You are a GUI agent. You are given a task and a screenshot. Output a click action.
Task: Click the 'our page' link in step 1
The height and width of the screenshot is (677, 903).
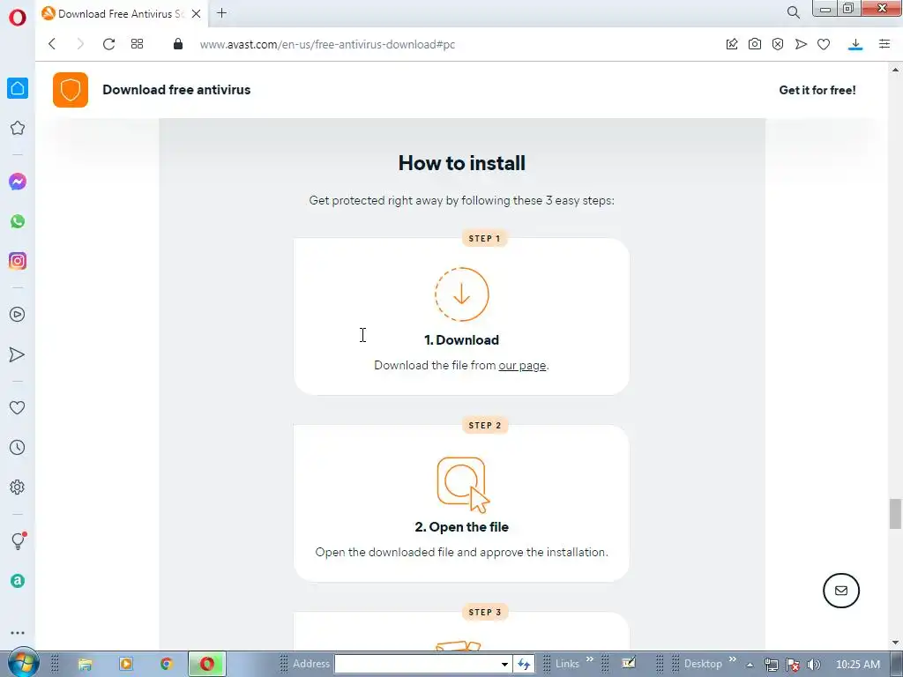click(x=522, y=366)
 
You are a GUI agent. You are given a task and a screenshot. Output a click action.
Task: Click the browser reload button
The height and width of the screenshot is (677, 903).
click(x=108, y=44)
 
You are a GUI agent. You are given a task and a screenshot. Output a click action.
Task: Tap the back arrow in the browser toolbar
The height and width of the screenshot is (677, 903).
click(x=52, y=44)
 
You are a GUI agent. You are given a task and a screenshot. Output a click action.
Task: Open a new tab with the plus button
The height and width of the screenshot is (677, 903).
click(x=221, y=13)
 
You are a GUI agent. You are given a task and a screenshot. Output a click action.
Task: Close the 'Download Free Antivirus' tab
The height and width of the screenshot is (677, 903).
click(x=197, y=14)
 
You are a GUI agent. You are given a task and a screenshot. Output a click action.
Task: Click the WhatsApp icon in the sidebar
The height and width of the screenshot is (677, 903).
click(x=18, y=221)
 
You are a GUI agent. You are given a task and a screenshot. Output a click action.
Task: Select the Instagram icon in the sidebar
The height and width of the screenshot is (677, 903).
click(x=18, y=261)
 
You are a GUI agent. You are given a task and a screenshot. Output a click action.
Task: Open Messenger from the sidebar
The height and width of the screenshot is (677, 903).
click(x=18, y=182)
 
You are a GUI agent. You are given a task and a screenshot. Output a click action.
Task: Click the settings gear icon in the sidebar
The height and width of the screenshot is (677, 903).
click(x=18, y=487)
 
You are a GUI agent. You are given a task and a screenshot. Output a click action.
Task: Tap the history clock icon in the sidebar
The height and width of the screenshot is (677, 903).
click(x=18, y=447)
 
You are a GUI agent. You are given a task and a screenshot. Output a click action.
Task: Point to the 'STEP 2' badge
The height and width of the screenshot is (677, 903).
click(x=485, y=426)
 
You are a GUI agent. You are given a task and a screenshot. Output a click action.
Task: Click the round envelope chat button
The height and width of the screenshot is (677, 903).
click(x=840, y=591)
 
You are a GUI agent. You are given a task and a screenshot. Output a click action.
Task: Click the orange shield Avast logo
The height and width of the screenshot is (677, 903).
click(x=71, y=90)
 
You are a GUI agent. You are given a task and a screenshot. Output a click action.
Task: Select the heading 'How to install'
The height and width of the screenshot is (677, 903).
click(x=462, y=163)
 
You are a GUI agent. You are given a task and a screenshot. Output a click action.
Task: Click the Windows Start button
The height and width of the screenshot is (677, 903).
click(x=22, y=664)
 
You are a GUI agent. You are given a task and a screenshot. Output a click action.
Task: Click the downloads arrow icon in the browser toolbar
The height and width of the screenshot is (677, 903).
click(x=855, y=44)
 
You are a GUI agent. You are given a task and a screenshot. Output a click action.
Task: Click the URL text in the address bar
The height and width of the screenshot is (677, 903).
click(x=327, y=44)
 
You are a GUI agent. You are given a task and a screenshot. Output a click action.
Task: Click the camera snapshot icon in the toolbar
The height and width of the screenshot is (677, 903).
click(x=755, y=44)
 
